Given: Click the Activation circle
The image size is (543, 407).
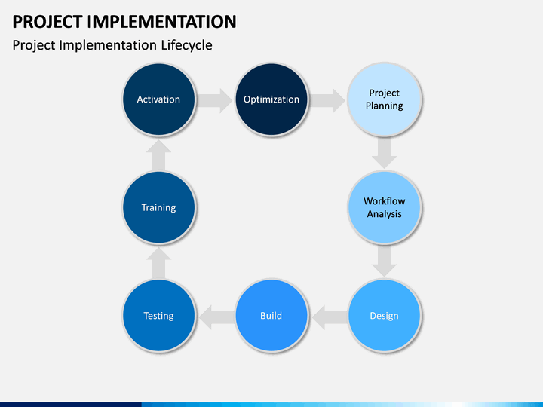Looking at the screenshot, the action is [158, 99].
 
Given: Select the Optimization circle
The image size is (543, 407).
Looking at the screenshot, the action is [271, 99].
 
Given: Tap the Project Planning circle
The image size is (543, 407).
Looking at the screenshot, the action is [385, 99].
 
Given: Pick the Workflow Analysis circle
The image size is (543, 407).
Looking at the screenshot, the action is [385, 207].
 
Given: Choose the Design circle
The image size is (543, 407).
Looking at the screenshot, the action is [385, 316].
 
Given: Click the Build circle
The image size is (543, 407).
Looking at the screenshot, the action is [271, 316].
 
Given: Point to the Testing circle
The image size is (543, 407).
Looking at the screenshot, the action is [158, 316].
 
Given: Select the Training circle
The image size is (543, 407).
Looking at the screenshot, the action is [158, 207].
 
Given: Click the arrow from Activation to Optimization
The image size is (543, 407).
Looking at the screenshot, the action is [215, 100].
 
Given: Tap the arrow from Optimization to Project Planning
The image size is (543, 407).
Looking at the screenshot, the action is [327, 100].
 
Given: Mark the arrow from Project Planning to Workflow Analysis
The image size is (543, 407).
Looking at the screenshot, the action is [385, 153].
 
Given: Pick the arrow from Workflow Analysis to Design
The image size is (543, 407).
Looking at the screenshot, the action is [385, 261].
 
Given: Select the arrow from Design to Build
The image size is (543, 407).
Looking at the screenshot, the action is [330, 317].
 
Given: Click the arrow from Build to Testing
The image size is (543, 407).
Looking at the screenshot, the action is [216, 317].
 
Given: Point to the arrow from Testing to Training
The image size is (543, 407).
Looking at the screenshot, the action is [158, 263].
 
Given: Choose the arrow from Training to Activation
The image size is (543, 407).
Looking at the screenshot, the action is [158, 155].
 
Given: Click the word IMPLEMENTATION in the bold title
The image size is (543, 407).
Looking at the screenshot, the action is [161, 21].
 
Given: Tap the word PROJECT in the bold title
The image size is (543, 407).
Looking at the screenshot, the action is [48, 22].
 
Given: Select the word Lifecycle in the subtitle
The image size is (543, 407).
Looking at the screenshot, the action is [186, 45].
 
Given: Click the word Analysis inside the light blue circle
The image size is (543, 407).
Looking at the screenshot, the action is [385, 214].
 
